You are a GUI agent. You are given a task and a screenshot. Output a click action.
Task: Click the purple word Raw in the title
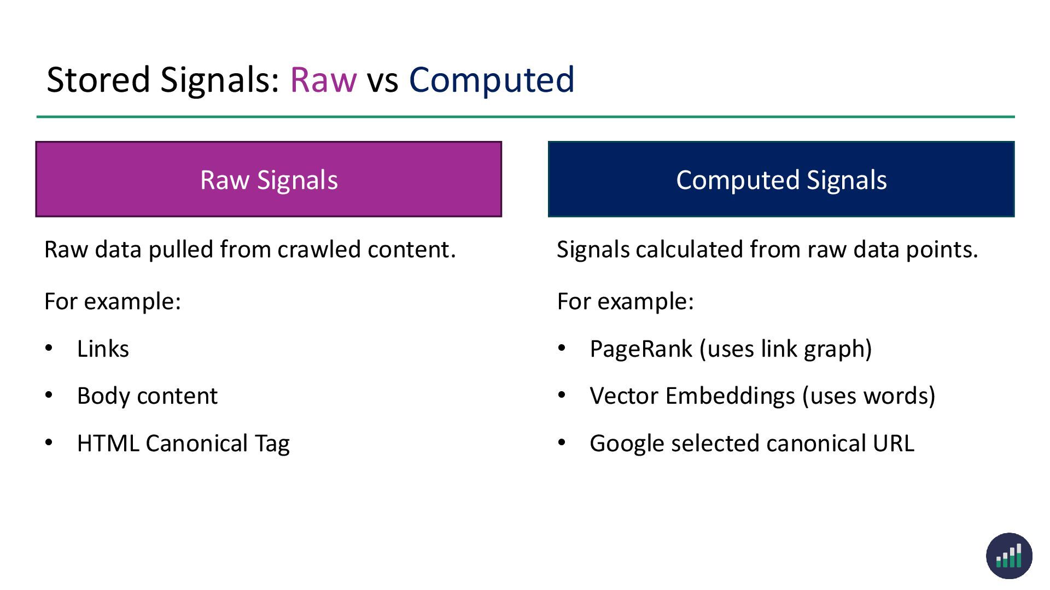(323, 80)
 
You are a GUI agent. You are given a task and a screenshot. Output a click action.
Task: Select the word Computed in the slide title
(492, 80)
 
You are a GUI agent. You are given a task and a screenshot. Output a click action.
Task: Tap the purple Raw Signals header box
(269, 179)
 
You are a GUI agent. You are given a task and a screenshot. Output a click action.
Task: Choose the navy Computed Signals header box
(781, 179)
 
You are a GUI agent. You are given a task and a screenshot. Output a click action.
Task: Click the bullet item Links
(103, 349)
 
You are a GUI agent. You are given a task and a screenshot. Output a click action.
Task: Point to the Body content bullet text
(147, 396)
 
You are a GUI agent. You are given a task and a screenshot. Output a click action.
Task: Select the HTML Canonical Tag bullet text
(183, 444)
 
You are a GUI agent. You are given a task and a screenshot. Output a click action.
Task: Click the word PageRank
(641, 349)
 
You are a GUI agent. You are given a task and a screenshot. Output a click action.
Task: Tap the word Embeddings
(730, 396)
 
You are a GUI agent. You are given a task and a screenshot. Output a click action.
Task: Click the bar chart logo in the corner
(1009, 556)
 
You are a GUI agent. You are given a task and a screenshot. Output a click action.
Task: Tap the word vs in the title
(382, 80)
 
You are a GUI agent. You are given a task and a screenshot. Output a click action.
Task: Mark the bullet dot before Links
(49, 348)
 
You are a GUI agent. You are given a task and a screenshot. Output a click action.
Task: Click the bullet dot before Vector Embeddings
(562, 395)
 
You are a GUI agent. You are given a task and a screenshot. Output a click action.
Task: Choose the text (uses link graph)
(785, 349)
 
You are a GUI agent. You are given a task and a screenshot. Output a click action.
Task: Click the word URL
(893, 444)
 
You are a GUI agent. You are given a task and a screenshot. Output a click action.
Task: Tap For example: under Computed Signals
(625, 302)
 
